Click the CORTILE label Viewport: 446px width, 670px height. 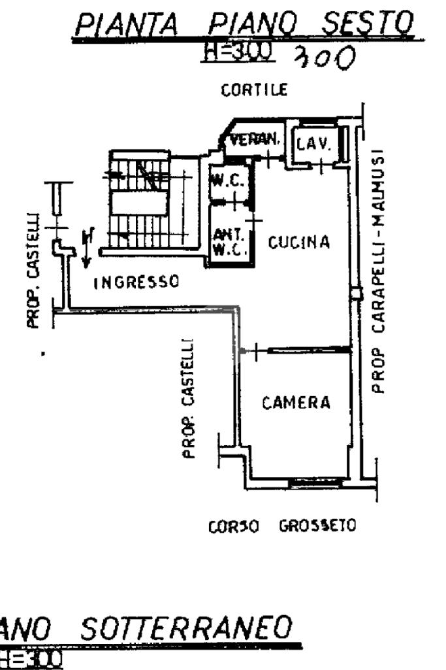point(254,91)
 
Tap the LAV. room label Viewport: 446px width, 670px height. point(313,142)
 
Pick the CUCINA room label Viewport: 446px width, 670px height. point(300,243)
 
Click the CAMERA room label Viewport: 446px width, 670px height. point(296,403)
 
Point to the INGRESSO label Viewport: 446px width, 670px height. point(136,282)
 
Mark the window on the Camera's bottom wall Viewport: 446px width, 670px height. point(316,482)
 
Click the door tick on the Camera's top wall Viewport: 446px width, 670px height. point(257,352)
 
